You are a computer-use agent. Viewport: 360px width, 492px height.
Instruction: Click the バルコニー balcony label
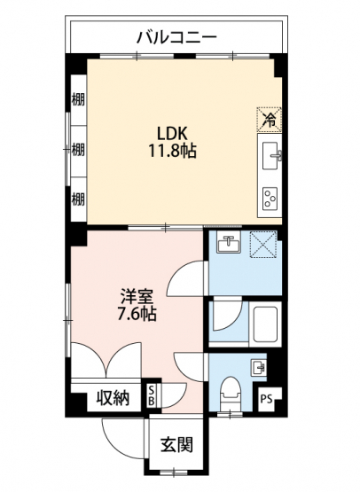pos(177,37)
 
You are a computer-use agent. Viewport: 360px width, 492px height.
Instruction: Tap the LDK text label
pos(172,133)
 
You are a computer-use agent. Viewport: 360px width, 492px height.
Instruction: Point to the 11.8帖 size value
pos(172,151)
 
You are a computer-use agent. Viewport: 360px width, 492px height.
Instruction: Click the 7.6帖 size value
pos(137,314)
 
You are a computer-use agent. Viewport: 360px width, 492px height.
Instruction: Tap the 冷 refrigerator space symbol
pos(270,120)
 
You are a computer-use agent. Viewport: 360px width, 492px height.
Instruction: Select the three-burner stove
pos(270,199)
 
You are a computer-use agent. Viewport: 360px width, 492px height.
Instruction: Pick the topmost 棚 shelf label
pos(78,100)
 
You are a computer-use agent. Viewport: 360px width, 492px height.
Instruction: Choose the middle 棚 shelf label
pos(78,150)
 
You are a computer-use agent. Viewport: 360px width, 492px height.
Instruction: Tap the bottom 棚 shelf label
pos(78,199)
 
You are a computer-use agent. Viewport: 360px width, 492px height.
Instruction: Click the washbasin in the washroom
pos(229,243)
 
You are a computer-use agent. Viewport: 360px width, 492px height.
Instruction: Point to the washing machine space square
pos(263,245)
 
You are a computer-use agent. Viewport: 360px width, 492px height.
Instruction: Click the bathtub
pos(265,324)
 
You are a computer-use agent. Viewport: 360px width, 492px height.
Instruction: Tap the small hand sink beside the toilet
pos(258,367)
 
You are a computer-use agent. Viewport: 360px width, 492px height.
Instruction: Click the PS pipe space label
pos(266,400)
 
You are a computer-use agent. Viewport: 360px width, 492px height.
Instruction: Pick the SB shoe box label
pos(151,396)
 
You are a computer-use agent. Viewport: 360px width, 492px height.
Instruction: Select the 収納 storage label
pos(113,399)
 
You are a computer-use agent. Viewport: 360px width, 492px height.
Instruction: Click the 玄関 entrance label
pos(176,445)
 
